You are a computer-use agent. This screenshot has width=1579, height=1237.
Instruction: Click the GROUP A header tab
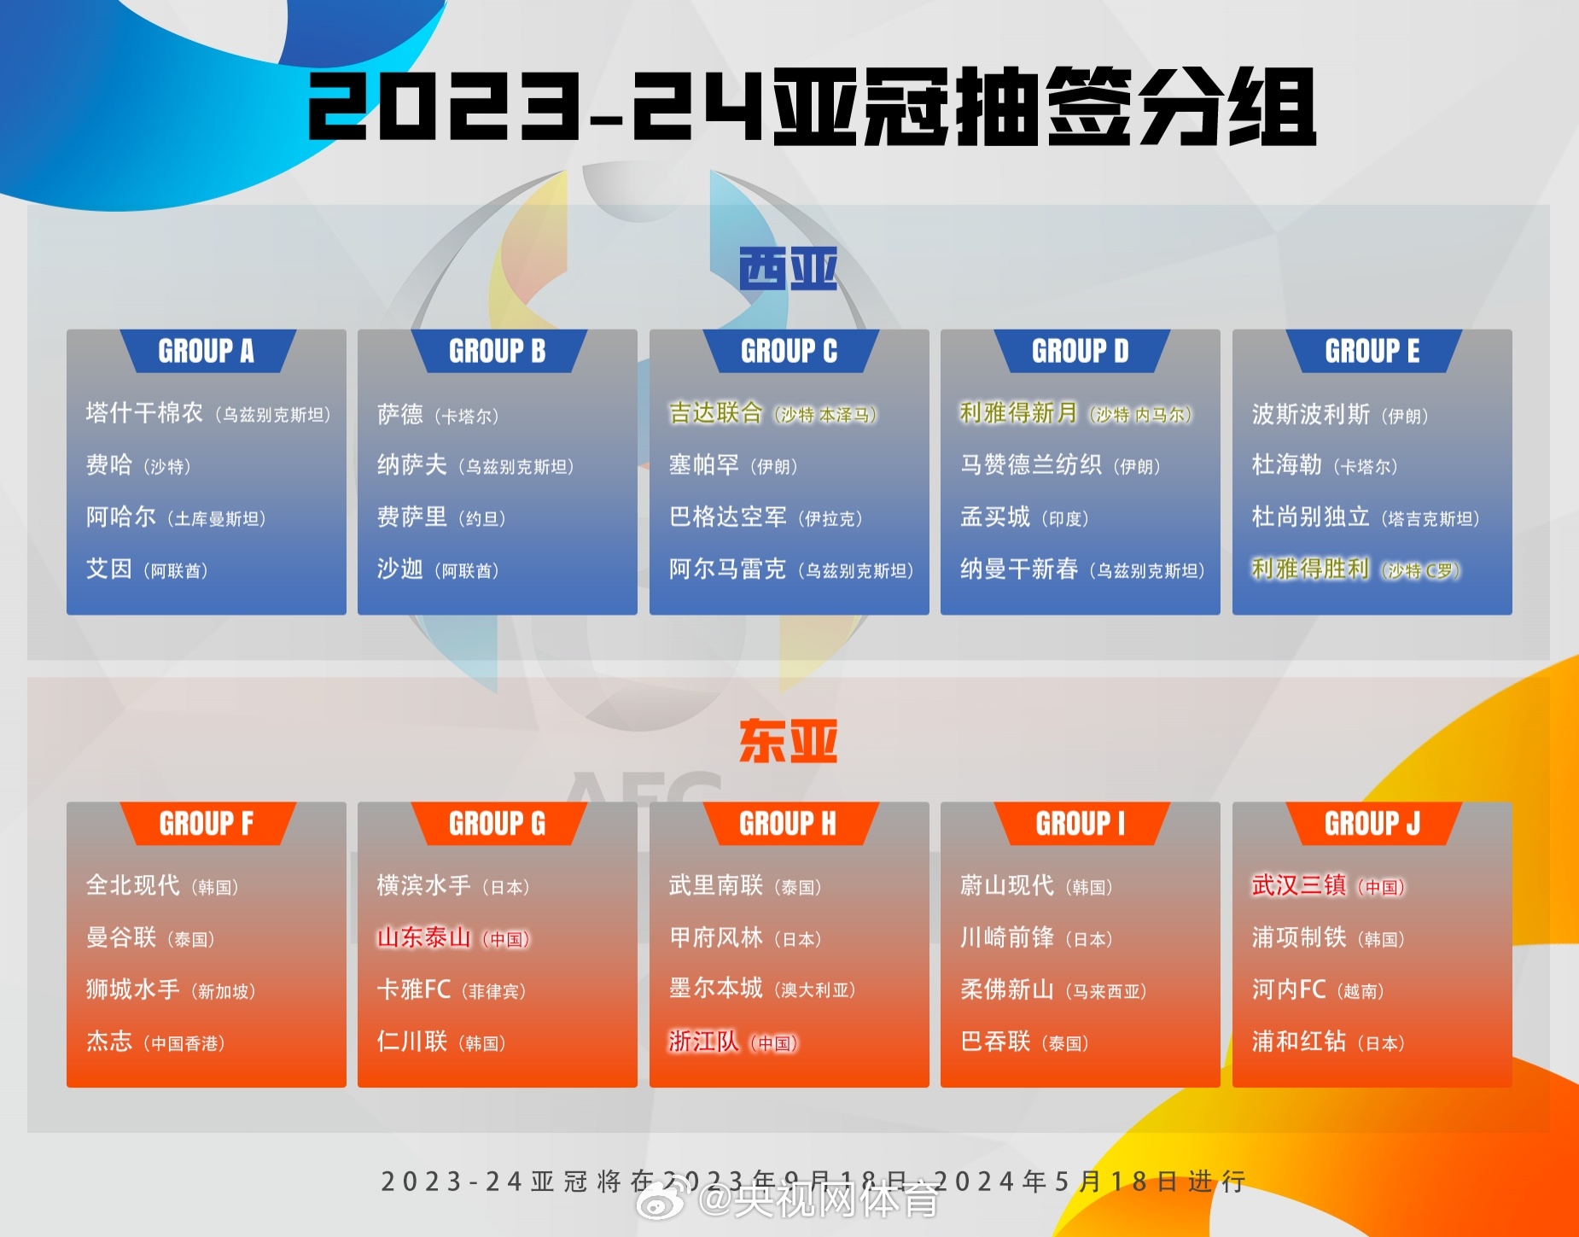pyautogui.click(x=207, y=351)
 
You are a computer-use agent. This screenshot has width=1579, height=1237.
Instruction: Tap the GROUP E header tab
pyautogui.click(x=1372, y=351)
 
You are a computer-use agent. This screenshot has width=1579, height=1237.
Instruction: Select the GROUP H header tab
pyautogui.click(x=789, y=824)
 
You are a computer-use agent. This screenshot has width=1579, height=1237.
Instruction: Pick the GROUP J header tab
pyautogui.click(x=1372, y=824)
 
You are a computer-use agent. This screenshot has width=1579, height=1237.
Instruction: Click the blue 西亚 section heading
pyautogui.click(x=788, y=269)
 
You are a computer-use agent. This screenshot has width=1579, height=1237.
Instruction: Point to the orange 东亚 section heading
pyautogui.click(x=788, y=741)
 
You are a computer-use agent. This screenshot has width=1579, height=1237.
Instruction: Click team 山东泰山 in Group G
pyautogui.click(x=424, y=937)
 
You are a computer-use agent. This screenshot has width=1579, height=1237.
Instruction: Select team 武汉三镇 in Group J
pyautogui.click(x=1298, y=885)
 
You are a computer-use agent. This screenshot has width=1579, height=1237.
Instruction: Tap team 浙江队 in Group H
pyautogui.click(x=703, y=1042)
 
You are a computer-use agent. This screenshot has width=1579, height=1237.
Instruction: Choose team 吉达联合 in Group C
pyautogui.click(x=715, y=413)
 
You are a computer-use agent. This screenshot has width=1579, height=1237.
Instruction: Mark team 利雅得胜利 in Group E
pyautogui.click(x=1310, y=569)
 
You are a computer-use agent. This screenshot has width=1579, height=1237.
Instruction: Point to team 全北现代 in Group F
pyautogui.click(x=133, y=885)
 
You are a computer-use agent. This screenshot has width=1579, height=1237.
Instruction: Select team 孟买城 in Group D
pyautogui.click(x=995, y=517)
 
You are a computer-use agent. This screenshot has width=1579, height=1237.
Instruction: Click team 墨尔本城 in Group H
pyautogui.click(x=715, y=989)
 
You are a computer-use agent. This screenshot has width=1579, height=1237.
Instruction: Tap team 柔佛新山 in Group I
pyautogui.click(x=1007, y=989)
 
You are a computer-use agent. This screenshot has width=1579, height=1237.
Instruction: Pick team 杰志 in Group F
pyautogui.click(x=109, y=1042)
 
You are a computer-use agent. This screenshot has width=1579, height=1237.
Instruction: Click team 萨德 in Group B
pyautogui.click(x=400, y=415)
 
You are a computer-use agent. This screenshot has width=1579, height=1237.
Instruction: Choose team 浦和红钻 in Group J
pyautogui.click(x=1298, y=1042)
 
